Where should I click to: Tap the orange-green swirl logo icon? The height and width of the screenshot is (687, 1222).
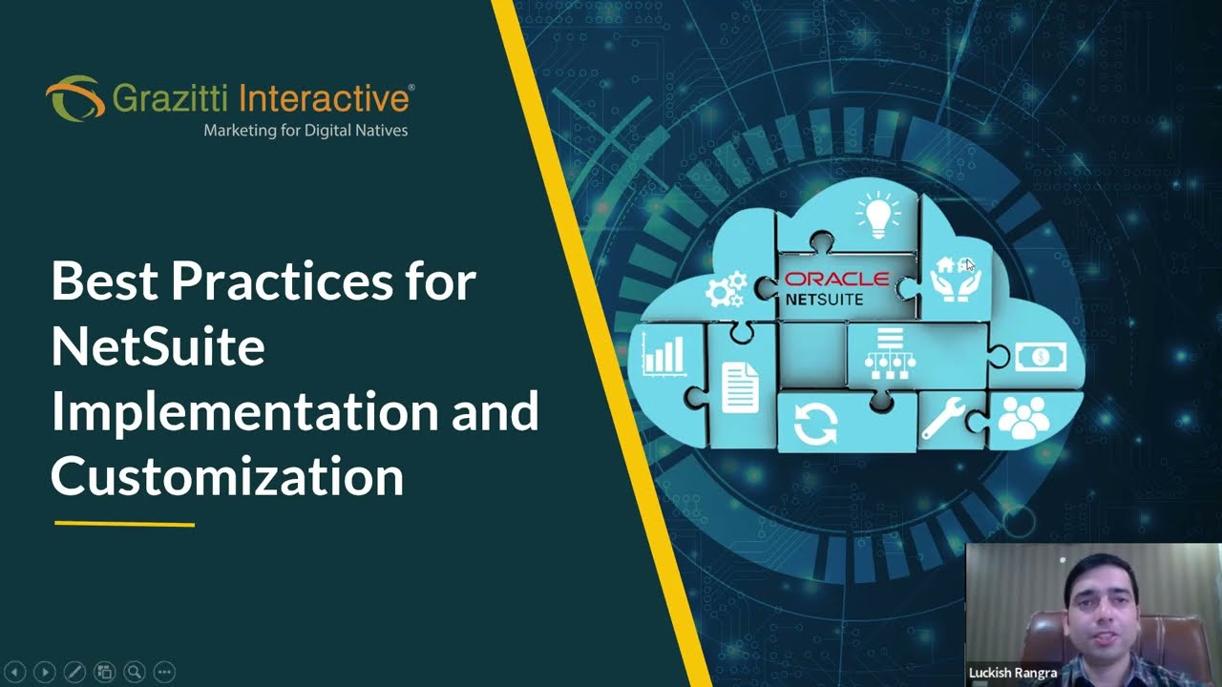[x=74, y=97]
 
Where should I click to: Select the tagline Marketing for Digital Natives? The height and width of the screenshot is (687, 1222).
[x=305, y=130]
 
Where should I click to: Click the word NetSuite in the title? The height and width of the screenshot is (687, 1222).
[x=158, y=346]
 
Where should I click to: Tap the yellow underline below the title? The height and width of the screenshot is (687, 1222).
[x=124, y=524]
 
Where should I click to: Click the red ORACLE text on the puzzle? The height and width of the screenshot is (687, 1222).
[x=836, y=280]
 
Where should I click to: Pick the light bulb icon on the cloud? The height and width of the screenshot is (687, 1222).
[x=877, y=215]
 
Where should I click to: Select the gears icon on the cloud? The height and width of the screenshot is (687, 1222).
[x=725, y=289]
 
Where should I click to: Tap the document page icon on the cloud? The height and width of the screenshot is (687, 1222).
[x=740, y=386]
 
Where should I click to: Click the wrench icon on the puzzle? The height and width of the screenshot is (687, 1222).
[x=943, y=417]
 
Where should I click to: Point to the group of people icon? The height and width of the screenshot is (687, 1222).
[x=1022, y=417]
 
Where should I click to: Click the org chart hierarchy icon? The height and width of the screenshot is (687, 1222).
[x=890, y=353]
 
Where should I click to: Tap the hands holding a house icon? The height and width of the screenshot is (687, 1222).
[x=956, y=279]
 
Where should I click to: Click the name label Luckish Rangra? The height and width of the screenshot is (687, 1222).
[x=1013, y=673]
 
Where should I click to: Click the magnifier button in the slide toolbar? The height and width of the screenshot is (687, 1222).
[x=135, y=672]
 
